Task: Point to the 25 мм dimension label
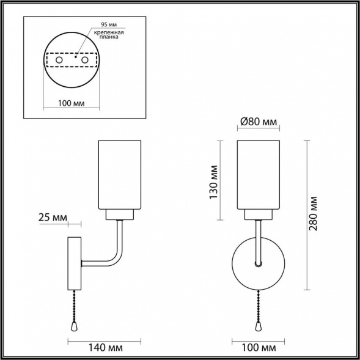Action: tap(53, 217)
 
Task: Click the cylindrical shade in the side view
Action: tap(121, 174)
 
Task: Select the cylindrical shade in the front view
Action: tap(258, 174)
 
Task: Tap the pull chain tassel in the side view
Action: tap(75, 328)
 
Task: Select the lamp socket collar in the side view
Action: tap(121, 214)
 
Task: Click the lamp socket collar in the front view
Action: tap(258, 214)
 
